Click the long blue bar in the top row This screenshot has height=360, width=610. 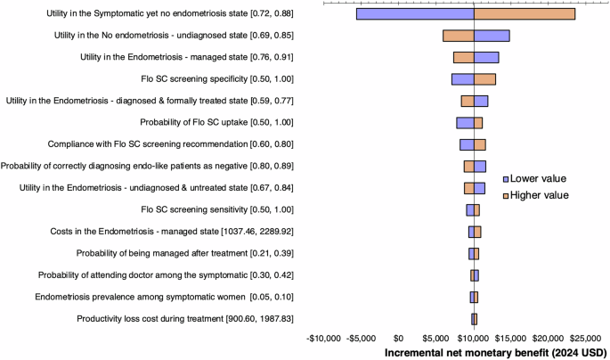[x=415, y=13]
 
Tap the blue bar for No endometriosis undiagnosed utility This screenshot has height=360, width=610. [x=492, y=36]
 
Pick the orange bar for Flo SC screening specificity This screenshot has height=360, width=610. [x=484, y=79]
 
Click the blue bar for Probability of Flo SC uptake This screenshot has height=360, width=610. [x=465, y=123]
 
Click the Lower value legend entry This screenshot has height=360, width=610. [x=538, y=178]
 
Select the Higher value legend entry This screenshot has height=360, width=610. [x=539, y=194]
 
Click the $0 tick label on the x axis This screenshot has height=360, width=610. [x=398, y=338]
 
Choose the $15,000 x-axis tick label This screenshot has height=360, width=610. [x=511, y=338]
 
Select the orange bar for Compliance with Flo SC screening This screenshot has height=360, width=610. [x=479, y=144]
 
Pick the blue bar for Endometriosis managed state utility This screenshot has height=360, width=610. [x=486, y=58]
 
